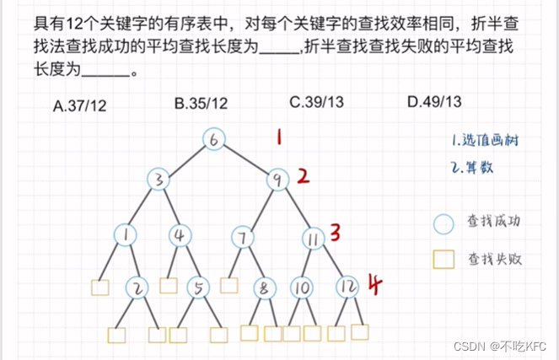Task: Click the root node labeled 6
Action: (214, 139)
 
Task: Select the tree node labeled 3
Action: (159, 179)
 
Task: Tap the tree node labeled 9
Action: (277, 179)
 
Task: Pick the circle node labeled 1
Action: (125, 234)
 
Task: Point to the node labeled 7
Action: (242, 239)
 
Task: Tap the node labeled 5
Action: (198, 289)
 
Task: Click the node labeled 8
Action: (265, 289)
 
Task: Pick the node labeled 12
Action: (347, 288)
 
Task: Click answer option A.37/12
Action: (80, 104)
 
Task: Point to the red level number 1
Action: (279, 136)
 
